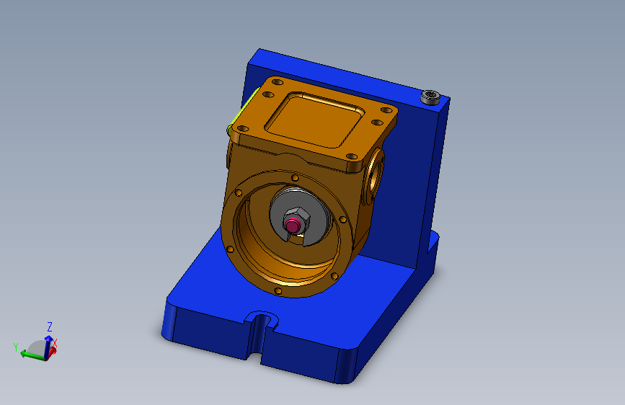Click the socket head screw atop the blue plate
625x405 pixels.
(x=431, y=97)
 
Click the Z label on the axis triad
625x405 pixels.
(x=50, y=327)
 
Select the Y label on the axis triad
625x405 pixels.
(x=16, y=347)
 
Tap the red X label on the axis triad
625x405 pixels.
(x=55, y=344)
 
